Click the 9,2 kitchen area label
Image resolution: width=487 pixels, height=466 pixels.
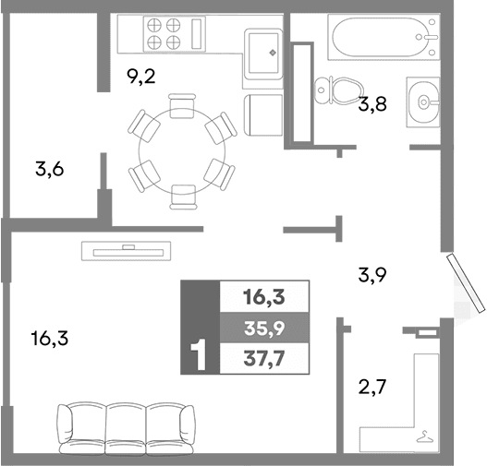[x=140, y=77]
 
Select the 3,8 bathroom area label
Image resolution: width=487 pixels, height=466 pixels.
[x=371, y=104]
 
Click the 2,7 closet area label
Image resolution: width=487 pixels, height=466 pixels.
[x=371, y=385]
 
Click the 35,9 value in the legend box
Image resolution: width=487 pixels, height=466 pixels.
[x=262, y=328]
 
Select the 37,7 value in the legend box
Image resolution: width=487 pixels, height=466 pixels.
[x=262, y=358]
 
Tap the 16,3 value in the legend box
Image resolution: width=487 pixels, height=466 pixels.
[x=262, y=296]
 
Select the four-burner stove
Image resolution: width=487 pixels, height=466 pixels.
[x=163, y=33]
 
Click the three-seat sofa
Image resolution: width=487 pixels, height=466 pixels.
[x=128, y=428]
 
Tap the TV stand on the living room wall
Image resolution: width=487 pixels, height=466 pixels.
[x=128, y=248]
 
